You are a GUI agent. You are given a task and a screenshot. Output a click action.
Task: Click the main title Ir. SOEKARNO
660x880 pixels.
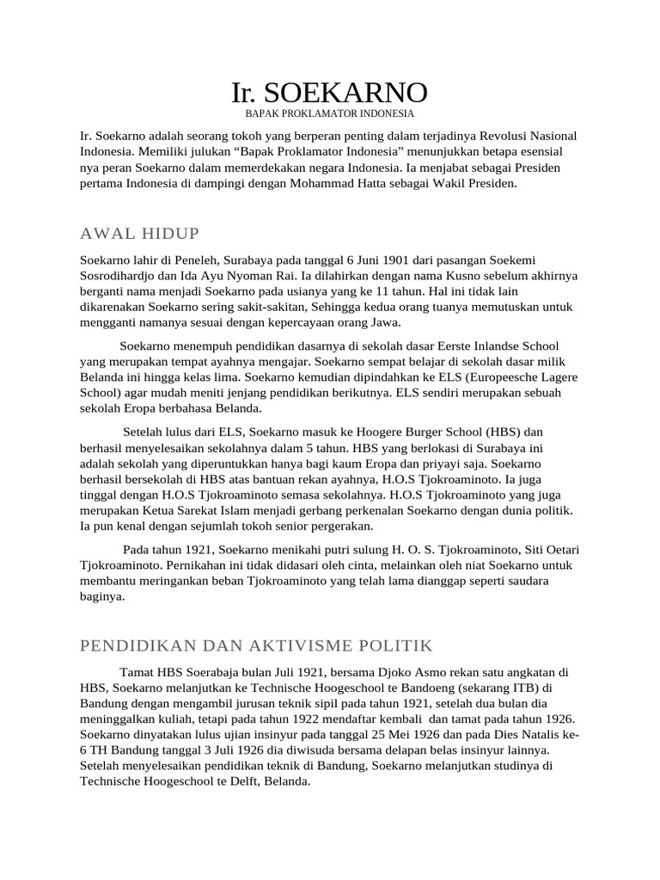click(x=329, y=92)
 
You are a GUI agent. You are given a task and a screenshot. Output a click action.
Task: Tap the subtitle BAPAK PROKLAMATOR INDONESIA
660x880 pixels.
click(x=330, y=113)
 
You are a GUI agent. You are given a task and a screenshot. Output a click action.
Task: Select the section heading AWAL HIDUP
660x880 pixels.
click(x=139, y=234)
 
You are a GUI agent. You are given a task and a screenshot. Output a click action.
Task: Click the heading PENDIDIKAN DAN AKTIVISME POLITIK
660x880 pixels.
click(x=256, y=645)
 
